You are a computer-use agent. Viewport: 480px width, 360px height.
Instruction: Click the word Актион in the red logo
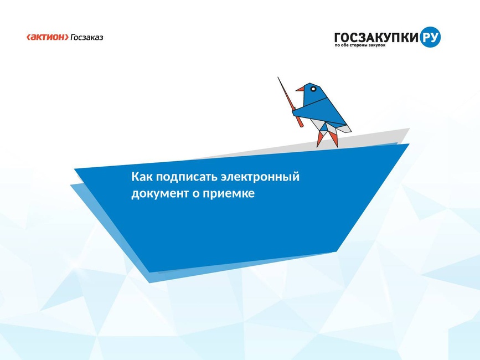pos(48,37)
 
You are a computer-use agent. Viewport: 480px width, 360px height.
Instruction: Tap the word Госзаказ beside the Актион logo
pos(87,38)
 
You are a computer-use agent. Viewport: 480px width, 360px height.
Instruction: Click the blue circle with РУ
pos(430,37)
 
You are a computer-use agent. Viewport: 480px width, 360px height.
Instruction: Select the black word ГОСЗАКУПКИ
pos(376,38)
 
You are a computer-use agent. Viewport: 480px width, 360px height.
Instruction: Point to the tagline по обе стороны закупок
pos(360,45)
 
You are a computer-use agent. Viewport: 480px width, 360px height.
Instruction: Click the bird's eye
pos(313,89)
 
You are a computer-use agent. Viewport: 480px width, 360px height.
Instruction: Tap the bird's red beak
pos(300,89)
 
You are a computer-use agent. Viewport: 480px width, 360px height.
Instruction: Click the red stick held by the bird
pos(290,102)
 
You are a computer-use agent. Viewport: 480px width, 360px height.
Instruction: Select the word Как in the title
pos(142,177)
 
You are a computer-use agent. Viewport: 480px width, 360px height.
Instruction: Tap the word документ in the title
pos(160,194)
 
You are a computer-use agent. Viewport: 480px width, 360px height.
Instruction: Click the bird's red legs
pos(328,138)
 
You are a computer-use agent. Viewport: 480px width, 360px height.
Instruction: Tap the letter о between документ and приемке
pos(195,194)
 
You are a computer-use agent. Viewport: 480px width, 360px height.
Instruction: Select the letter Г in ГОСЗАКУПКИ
pos(338,38)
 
